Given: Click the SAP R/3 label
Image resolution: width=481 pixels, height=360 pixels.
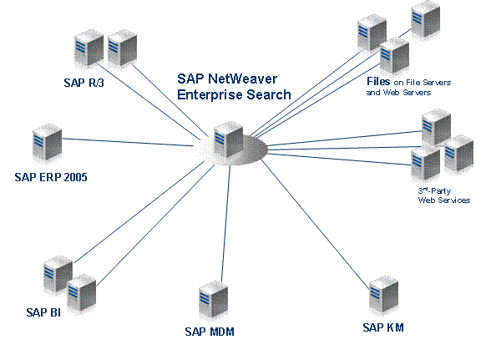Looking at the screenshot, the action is (x=84, y=83).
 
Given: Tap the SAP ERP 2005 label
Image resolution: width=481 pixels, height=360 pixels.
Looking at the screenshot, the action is (x=51, y=177).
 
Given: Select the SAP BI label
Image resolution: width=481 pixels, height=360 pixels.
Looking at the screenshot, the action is (x=43, y=312).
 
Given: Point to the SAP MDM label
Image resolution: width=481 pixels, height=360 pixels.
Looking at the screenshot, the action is (x=210, y=332).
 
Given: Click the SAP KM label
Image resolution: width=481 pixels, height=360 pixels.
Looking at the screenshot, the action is (x=383, y=327).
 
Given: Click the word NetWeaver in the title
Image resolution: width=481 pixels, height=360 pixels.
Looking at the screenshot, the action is (x=243, y=79).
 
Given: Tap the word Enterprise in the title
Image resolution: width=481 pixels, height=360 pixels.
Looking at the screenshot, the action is (x=210, y=94).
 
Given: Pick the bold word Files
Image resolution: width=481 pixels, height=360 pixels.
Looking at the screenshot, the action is (x=378, y=81).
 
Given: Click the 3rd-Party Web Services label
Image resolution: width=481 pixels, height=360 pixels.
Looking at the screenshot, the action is (x=444, y=195).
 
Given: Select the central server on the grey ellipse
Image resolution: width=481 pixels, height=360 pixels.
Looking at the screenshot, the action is (x=229, y=139).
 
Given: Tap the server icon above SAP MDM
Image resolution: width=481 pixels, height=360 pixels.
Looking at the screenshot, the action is (x=214, y=300).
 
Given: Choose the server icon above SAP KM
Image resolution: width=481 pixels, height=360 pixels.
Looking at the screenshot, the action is (x=384, y=295).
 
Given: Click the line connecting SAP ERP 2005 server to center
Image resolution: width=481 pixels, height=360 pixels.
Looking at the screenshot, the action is (x=128, y=142).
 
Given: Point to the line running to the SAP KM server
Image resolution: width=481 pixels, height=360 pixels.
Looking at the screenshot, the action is (x=315, y=225).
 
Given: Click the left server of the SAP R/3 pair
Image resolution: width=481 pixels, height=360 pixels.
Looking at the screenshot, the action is (x=89, y=48).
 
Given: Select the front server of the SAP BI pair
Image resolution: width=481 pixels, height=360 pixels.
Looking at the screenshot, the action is (x=82, y=293).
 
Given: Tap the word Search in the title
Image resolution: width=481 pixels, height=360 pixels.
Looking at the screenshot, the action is (x=269, y=94).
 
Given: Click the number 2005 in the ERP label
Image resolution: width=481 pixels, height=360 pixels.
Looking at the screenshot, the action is (x=76, y=177).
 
